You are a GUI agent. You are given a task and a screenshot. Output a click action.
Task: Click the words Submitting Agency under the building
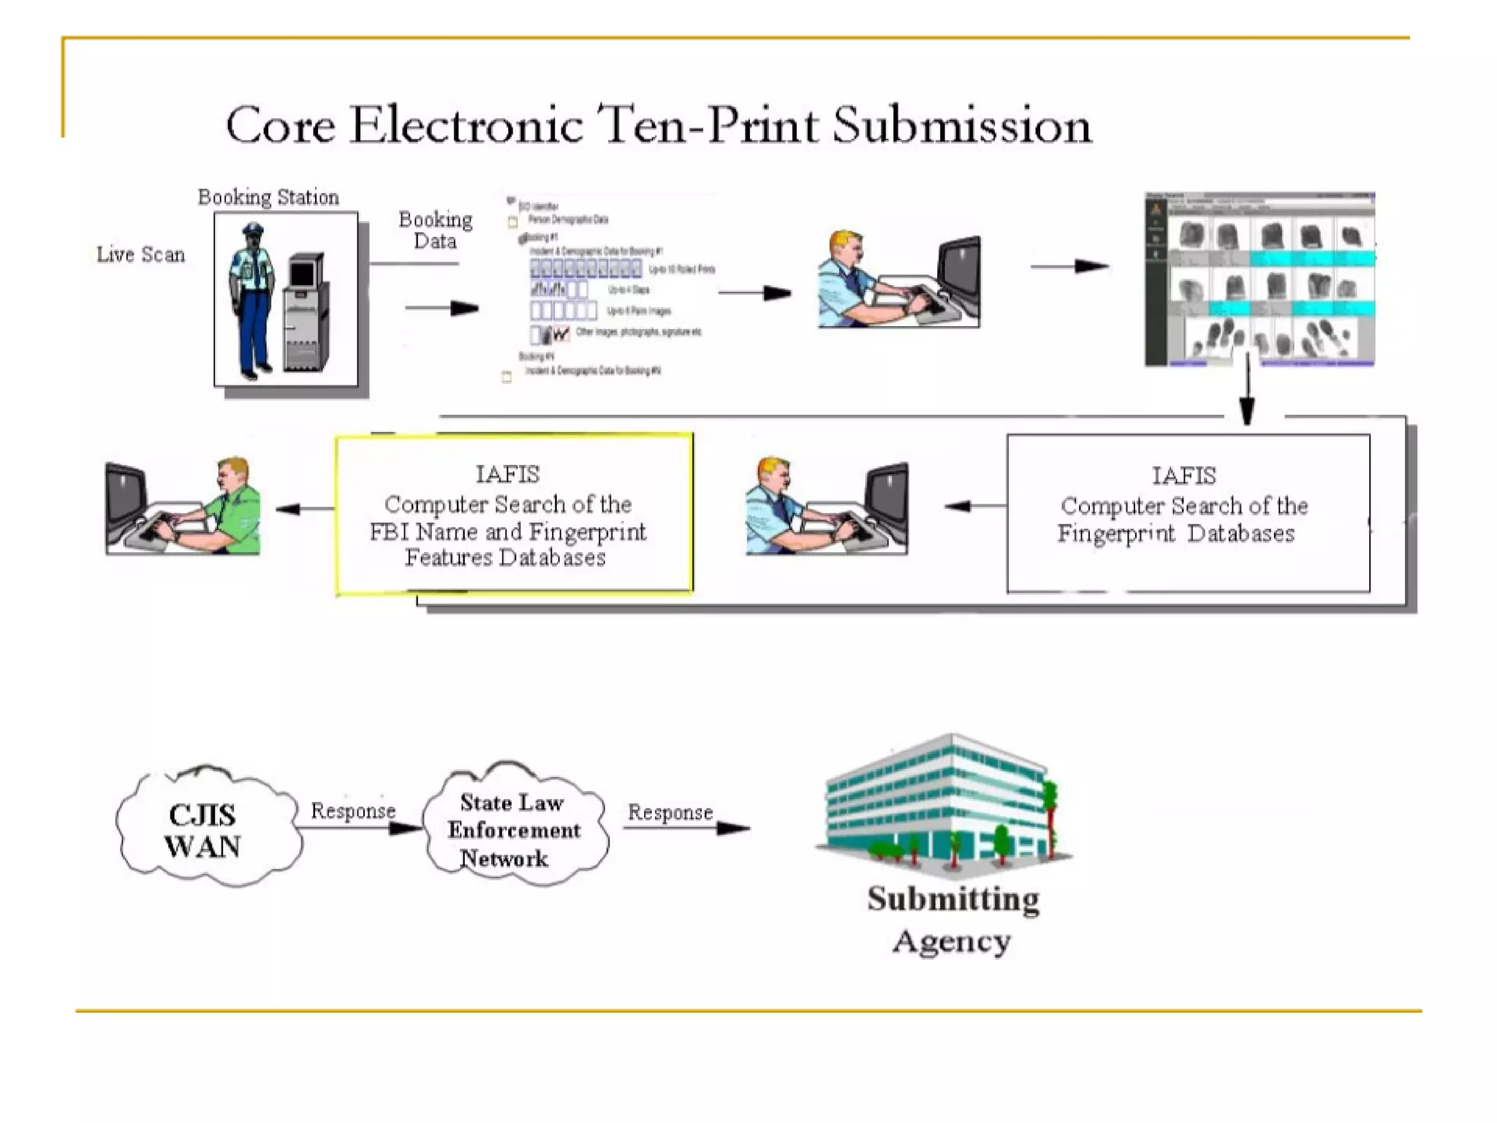tap(952, 920)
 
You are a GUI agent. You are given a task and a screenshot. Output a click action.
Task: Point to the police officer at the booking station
tap(251, 300)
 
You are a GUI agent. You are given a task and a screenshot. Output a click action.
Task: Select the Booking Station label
tap(268, 197)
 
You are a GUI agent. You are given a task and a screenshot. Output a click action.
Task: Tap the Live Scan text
tap(141, 254)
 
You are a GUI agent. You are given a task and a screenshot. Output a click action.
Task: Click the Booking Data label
tap(436, 230)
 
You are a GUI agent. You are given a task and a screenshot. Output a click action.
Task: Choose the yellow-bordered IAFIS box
tap(514, 513)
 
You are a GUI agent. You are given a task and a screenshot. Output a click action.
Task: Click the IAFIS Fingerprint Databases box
tap(1187, 513)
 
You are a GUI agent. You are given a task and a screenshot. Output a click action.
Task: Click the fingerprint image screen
tap(1259, 279)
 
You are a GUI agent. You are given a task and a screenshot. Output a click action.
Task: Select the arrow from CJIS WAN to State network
tap(358, 828)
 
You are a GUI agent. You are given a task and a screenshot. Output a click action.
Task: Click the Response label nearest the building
tap(670, 812)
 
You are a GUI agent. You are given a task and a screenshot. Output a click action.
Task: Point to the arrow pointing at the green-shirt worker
tap(303, 509)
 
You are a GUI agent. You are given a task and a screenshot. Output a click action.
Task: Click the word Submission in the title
tap(962, 125)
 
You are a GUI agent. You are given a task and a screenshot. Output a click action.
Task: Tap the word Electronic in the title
tap(466, 125)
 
